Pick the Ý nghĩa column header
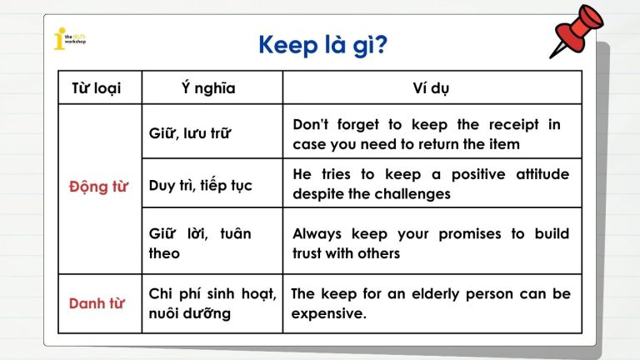(x=207, y=87)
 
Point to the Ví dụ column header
(x=431, y=87)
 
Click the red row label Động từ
(x=98, y=186)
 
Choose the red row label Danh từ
(x=97, y=303)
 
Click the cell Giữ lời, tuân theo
(x=199, y=243)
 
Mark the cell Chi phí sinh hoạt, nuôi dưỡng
(x=212, y=304)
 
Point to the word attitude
(x=539, y=174)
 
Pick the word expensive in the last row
(x=329, y=314)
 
